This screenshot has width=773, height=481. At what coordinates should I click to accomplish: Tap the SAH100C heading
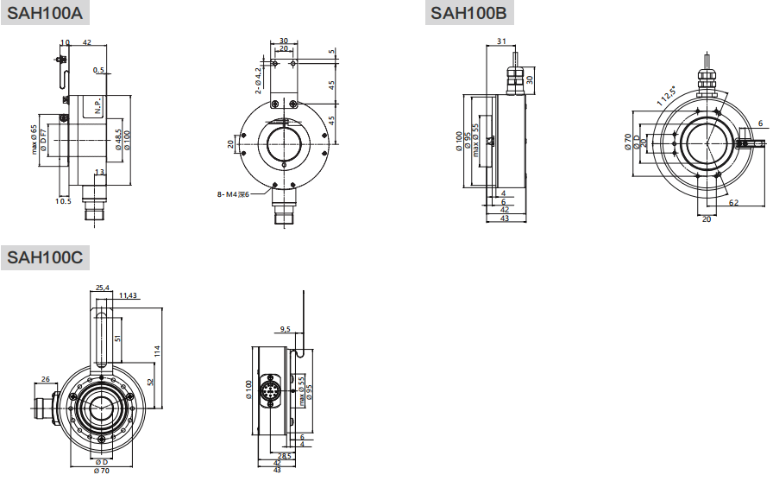[45, 256]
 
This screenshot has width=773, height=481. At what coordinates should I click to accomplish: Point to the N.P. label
[98, 106]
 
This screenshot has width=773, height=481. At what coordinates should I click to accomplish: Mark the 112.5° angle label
[665, 95]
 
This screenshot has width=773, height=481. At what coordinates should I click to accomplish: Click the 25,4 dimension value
[102, 288]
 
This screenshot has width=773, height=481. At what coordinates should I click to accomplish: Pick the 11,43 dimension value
[128, 295]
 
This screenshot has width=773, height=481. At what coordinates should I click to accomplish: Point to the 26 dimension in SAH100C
[45, 377]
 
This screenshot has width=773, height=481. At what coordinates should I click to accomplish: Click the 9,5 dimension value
[286, 329]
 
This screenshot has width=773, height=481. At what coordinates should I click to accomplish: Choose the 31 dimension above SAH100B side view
[501, 41]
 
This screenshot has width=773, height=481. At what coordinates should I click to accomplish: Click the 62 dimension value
[733, 202]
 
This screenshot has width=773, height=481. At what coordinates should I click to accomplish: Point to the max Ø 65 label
[34, 139]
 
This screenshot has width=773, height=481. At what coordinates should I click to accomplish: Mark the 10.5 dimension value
[62, 201]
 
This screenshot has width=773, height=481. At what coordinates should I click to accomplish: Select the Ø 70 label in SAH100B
[627, 142]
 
